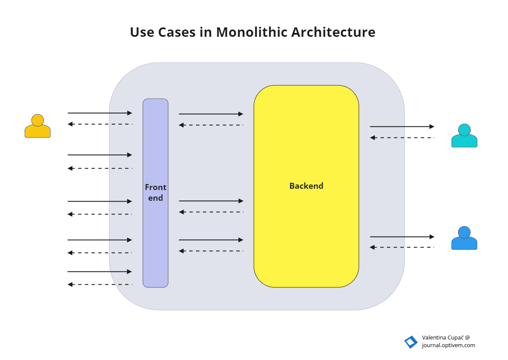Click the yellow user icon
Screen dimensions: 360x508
(x=38, y=126)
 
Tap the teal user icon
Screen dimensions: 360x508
(x=464, y=136)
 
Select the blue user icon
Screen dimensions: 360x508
(x=464, y=238)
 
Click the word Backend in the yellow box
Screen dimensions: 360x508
(x=306, y=186)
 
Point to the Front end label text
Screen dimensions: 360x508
(x=155, y=193)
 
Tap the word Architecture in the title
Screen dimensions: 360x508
(x=333, y=32)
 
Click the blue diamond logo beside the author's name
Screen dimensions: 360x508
(x=411, y=342)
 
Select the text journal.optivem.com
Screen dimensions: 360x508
(x=448, y=345)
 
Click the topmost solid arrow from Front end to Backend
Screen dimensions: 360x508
(x=211, y=114)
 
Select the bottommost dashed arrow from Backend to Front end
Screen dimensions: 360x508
(x=211, y=251)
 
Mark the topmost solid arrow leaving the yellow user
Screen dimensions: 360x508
(x=99, y=113)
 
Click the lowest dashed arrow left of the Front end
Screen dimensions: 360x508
(x=99, y=284)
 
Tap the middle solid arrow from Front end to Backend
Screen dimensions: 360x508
(x=211, y=201)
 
